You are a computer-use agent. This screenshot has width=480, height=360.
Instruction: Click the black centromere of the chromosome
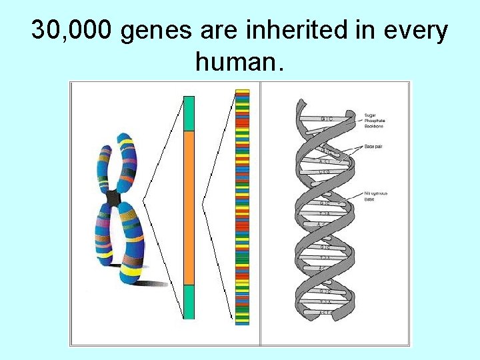point(114,198)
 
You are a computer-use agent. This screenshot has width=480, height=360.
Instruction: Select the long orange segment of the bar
point(189,207)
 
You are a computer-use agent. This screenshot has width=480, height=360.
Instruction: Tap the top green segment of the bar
point(189,113)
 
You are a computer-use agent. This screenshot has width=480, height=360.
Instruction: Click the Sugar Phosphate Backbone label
point(375,121)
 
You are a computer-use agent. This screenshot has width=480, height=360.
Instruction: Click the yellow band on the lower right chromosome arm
point(132,272)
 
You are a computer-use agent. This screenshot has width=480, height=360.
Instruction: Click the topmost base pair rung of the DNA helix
point(327,119)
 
